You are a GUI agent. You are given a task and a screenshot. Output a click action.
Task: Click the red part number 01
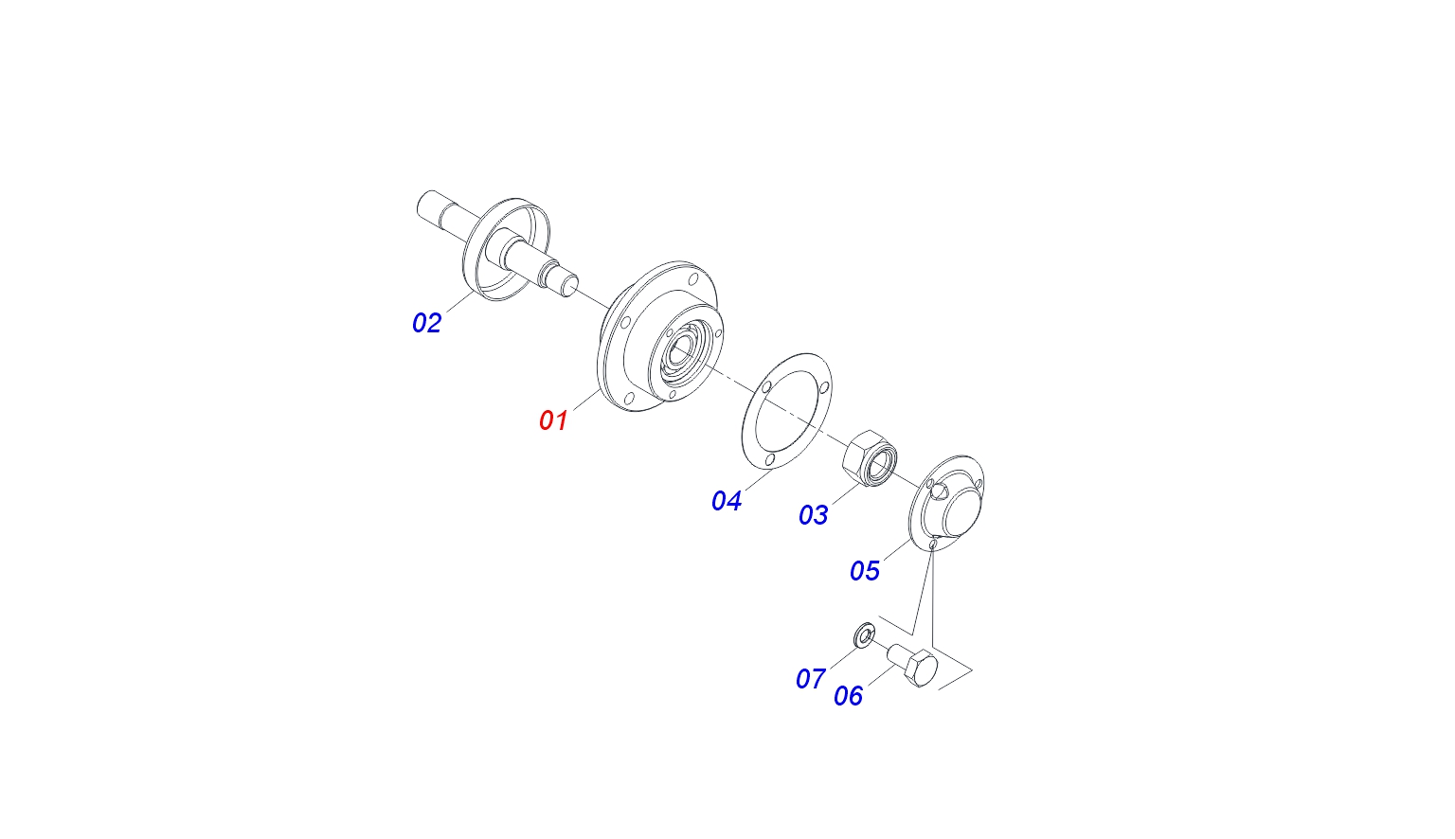point(553,420)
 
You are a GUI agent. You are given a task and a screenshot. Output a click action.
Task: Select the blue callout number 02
point(427,323)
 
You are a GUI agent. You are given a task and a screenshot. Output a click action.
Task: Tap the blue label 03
point(814,515)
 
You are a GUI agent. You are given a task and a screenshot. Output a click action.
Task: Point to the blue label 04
point(727,501)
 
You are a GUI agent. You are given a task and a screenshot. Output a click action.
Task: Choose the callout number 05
point(865,571)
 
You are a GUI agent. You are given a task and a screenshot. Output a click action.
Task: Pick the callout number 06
point(849,695)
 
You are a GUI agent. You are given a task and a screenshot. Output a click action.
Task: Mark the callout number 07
point(811,679)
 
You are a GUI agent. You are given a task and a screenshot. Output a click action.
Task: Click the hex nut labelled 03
point(870,458)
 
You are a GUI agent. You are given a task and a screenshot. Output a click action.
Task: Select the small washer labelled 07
point(864,635)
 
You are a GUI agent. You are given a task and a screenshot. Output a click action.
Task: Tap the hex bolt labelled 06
point(912,666)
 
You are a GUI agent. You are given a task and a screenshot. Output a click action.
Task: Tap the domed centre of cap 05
point(963,512)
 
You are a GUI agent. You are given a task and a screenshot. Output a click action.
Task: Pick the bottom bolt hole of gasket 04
point(770,460)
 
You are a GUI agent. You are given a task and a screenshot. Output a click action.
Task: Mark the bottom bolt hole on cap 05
point(933,544)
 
